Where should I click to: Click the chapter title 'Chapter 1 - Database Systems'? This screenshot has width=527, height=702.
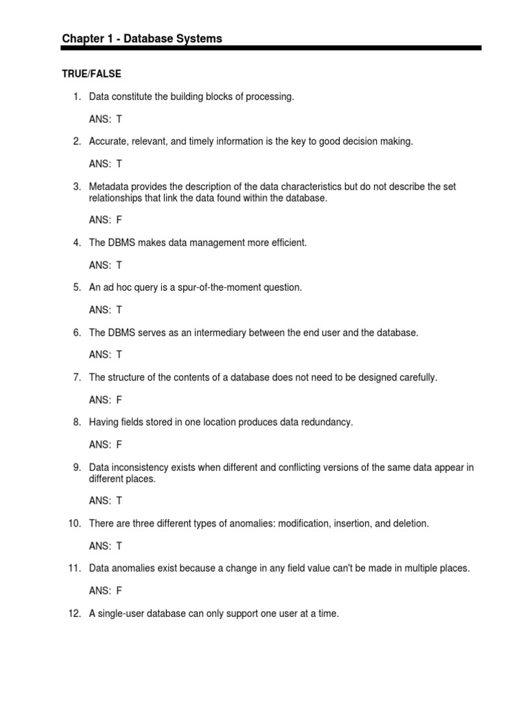point(142,38)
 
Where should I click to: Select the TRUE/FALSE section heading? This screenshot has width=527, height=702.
point(91,73)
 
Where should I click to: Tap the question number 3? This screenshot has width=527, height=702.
point(78,186)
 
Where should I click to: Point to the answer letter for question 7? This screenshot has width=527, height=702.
point(119,400)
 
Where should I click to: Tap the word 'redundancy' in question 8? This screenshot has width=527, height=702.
point(326,422)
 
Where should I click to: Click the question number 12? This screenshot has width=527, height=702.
point(75,614)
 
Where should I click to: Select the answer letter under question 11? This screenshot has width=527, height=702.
point(119,590)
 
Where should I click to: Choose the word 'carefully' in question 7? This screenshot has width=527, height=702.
point(415,378)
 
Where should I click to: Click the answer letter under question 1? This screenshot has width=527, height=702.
point(119,119)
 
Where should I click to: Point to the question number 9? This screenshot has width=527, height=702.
point(78,468)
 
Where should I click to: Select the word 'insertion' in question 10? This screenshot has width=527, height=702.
point(353,524)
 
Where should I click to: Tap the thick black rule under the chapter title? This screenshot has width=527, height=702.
point(271,48)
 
